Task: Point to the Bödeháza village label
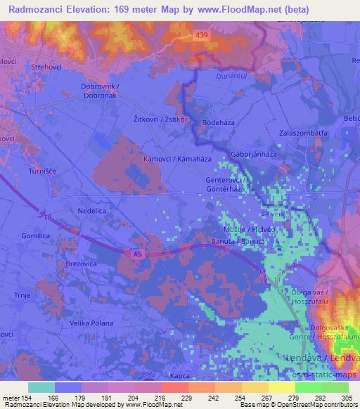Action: [219, 122]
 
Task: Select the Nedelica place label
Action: [94, 209]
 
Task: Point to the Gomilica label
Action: [38, 236]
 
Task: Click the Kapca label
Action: [180, 376]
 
